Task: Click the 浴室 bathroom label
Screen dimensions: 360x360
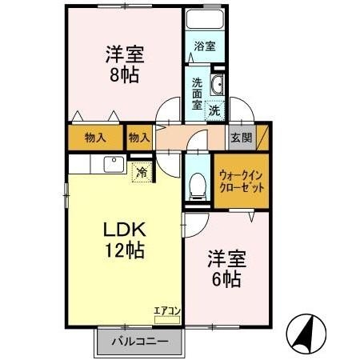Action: click(x=205, y=46)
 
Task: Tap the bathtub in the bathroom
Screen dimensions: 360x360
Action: click(x=205, y=19)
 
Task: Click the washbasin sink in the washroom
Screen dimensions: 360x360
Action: click(x=217, y=86)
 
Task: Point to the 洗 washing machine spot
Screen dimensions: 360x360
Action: click(x=214, y=111)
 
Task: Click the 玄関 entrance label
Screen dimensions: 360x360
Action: click(x=241, y=137)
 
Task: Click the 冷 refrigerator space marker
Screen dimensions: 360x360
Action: click(x=142, y=171)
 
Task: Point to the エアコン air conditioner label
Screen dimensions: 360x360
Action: click(x=167, y=310)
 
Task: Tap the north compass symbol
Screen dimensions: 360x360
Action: click(x=309, y=331)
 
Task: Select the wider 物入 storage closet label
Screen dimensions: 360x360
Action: click(x=95, y=137)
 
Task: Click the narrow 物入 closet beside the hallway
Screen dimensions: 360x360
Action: click(x=139, y=137)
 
